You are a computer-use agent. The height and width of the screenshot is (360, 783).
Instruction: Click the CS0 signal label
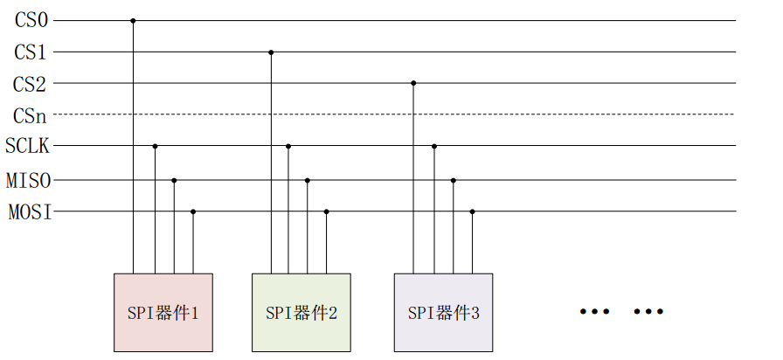(31, 20)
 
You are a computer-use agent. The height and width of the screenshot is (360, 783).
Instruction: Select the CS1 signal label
(31, 52)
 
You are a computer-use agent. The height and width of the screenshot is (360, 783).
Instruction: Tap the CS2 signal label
(31, 84)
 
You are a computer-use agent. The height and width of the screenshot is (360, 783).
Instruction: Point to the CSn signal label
(31, 114)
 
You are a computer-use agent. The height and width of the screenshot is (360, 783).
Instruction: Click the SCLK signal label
(28, 146)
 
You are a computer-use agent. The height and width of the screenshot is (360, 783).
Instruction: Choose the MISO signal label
(29, 181)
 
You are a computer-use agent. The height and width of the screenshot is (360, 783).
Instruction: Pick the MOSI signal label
(29, 211)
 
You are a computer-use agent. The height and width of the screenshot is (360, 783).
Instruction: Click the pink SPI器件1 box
(163, 312)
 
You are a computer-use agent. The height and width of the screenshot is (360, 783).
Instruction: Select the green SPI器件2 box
(301, 312)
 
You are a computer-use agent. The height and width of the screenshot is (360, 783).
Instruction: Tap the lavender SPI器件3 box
(443, 312)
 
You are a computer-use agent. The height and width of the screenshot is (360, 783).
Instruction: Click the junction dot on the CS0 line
(133, 20)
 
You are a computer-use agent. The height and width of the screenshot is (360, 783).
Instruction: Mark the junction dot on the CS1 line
(271, 52)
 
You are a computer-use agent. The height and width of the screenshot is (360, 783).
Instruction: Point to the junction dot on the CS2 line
(413, 83)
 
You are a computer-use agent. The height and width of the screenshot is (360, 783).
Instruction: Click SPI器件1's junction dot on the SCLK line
(155, 146)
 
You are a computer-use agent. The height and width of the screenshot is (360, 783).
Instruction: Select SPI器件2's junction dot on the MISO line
(308, 180)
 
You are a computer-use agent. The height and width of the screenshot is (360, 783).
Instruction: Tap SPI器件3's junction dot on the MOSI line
(472, 211)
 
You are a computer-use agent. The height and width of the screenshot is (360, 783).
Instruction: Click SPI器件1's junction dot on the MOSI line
(193, 211)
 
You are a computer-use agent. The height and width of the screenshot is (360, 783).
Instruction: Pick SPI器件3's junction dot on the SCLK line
(433, 146)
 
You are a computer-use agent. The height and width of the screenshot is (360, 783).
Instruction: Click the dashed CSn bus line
(568, 114)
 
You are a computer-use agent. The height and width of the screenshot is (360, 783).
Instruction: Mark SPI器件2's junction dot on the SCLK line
(288, 146)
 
